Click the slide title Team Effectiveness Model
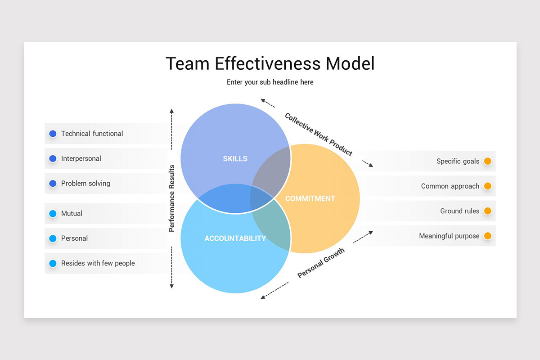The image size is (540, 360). [270, 63]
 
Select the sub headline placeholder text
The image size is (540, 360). [270, 82]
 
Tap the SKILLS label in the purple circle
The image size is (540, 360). [235, 158]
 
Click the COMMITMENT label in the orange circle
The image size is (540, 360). [310, 198]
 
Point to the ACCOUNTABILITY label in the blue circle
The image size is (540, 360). [235, 238]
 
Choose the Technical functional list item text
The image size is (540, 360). [92, 134]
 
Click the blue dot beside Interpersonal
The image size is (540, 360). [53, 158]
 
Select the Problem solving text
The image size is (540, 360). [85, 184]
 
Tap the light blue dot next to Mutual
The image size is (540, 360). [53, 213]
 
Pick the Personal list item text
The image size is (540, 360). [74, 238]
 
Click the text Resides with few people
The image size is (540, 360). [98, 263]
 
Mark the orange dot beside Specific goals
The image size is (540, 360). [487, 161]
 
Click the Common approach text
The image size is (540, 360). [450, 186]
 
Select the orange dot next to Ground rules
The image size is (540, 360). [487, 211]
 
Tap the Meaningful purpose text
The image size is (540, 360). [449, 236]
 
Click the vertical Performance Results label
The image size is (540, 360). [171, 198]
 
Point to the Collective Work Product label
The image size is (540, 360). [318, 134]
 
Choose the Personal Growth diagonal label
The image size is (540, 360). [321, 263]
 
